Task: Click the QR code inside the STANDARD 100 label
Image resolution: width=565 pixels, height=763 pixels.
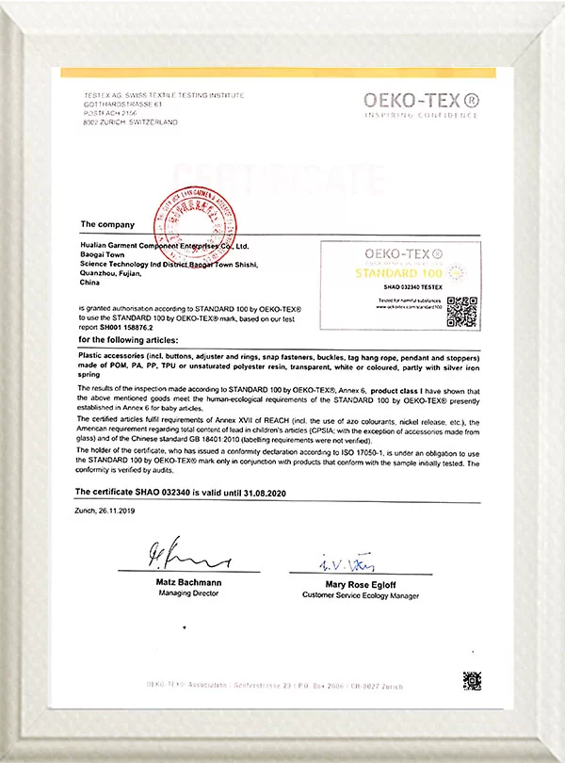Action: pyautogui.click(x=461, y=311)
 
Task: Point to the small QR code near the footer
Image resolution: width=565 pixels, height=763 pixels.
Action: pyautogui.click(x=471, y=679)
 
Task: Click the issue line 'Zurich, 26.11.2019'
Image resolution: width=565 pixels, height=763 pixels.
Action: pyautogui.click(x=105, y=510)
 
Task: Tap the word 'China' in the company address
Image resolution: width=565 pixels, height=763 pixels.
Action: pyautogui.click(x=90, y=282)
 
